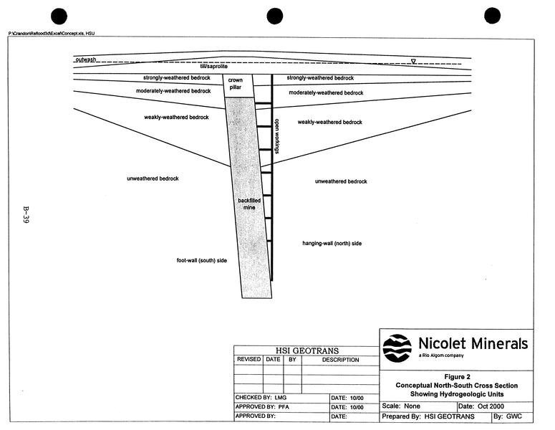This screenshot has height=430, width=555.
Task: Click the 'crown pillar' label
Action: (x=236, y=84)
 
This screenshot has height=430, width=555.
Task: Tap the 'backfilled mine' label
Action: (x=248, y=204)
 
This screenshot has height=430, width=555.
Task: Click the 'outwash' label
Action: (x=85, y=59)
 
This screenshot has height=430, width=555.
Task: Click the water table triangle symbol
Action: (x=413, y=61)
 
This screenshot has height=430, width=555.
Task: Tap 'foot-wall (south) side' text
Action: (x=202, y=260)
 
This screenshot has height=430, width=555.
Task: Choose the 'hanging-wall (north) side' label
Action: (x=332, y=244)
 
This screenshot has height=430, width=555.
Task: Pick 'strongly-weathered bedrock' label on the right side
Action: (x=320, y=77)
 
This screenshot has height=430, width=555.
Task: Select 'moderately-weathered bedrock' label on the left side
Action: (x=173, y=91)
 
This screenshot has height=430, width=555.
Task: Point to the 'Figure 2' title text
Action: (x=457, y=376)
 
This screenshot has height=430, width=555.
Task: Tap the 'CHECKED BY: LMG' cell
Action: (x=259, y=397)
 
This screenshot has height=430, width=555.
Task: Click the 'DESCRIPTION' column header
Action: (x=340, y=360)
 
